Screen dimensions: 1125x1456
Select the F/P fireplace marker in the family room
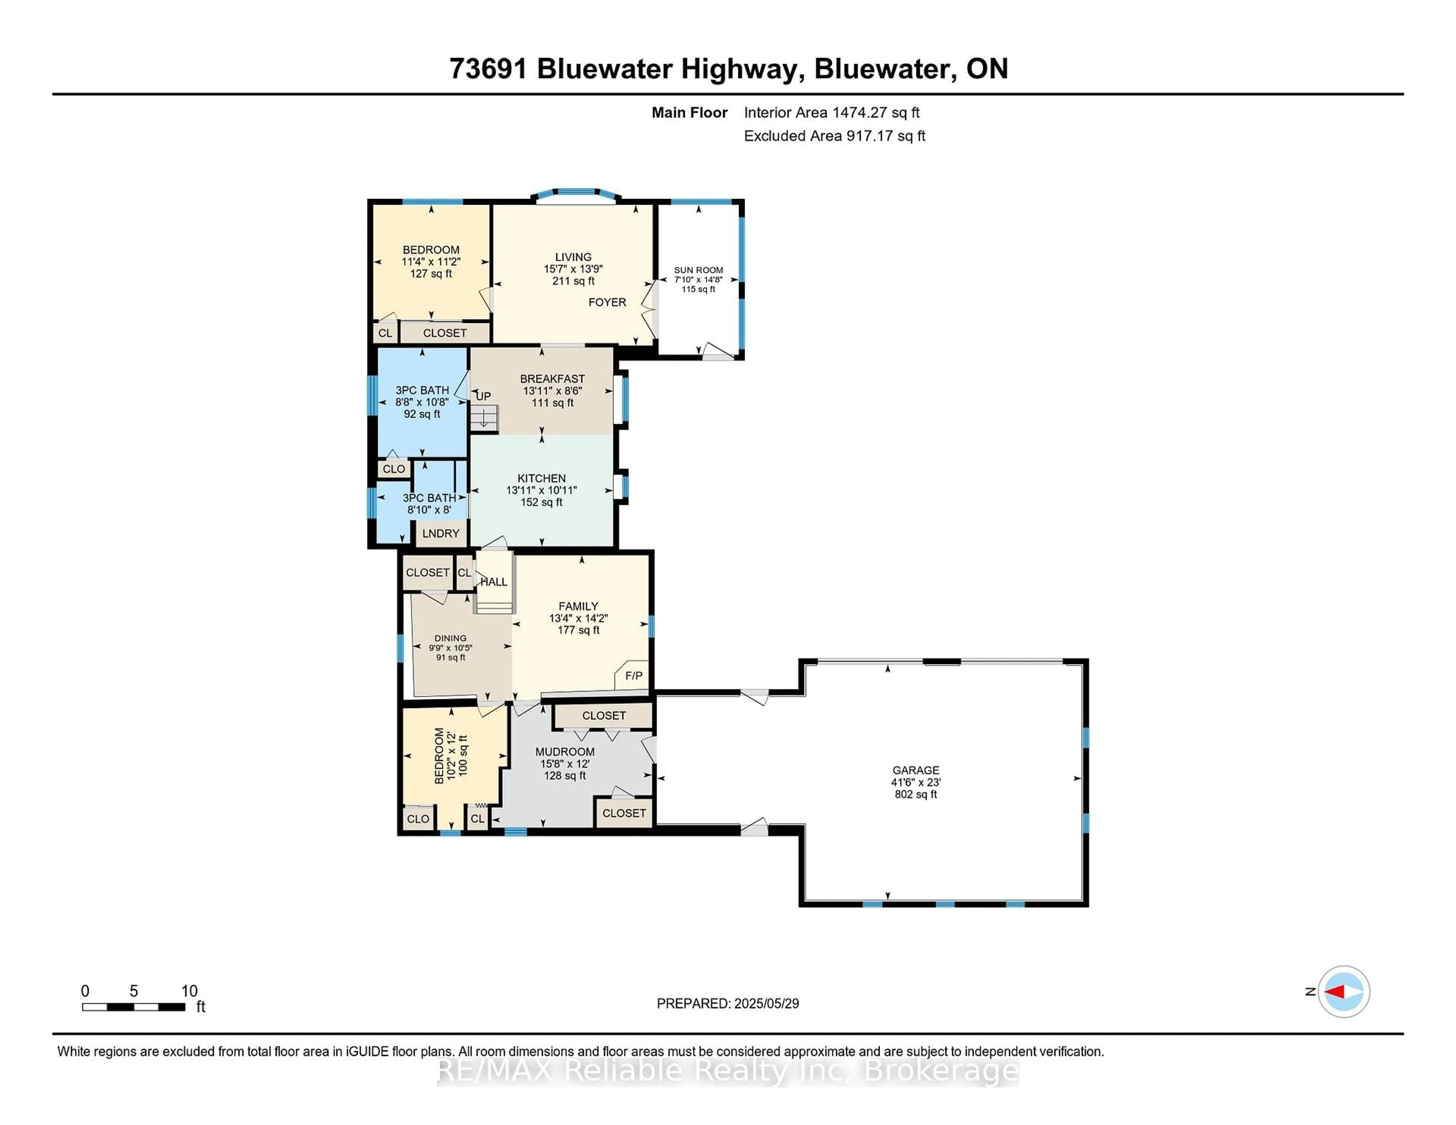click(x=633, y=676)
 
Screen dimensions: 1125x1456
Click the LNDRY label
click(x=441, y=533)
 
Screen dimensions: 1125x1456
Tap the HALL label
click(x=494, y=582)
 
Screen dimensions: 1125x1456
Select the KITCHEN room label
click(x=541, y=478)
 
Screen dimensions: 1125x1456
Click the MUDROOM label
click(x=565, y=751)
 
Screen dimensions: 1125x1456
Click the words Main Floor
click(x=689, y=113)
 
